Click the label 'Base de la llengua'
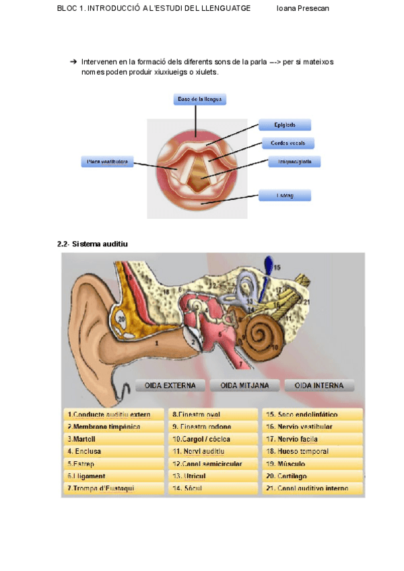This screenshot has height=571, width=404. (x=199, y=99)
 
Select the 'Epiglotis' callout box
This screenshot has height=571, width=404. (x=285, y=125)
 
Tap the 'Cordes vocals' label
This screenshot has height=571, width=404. (x=288, y=143)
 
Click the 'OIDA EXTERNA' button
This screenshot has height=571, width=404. (x=170, y=386)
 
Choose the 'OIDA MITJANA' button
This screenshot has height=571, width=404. (x=244, y=386)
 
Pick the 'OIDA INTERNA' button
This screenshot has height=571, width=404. (x=319, y=386)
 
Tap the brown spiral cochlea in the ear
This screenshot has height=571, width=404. (x=258, y=333)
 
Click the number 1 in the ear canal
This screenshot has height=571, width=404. (x=156, y=342)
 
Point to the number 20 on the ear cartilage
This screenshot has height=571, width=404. (x=121, y=318)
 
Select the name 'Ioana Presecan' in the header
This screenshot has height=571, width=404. (x=303, y=8)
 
